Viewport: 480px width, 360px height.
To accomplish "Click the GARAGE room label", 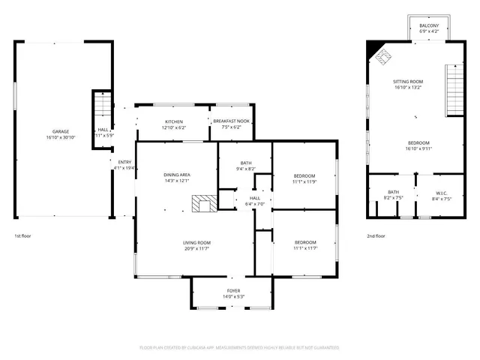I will click(61, 131).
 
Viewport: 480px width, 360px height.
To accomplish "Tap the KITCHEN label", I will click(173, 121).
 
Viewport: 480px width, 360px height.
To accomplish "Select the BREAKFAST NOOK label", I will click(231, 121).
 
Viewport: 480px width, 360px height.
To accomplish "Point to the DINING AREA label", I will click(177, 175).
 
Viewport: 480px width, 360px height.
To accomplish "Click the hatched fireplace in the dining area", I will click(202, 204).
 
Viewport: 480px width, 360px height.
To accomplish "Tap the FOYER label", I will click(234, 290).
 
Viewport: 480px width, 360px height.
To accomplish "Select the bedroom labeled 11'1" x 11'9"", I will click(304, 175).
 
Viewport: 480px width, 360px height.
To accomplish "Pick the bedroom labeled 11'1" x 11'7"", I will click(304, 242).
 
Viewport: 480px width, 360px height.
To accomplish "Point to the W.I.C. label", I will click(441, 193).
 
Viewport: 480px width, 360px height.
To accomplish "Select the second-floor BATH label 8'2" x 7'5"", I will click(393, 193).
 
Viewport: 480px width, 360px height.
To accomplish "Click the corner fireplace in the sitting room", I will click(382, 55).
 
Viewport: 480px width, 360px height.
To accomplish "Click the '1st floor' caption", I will click(22, 235).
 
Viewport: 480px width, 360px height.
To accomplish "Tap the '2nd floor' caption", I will click(376, 235).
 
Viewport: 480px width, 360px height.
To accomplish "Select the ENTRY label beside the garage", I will click(124, 162).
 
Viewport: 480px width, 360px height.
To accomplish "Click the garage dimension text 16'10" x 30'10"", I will click(61, 138).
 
